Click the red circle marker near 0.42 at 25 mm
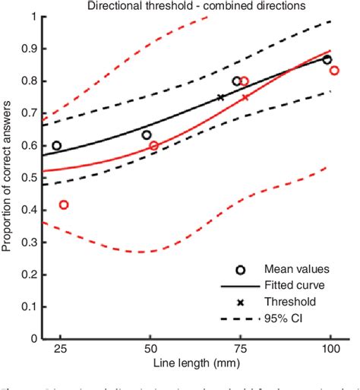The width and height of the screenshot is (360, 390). [x=64, y=205]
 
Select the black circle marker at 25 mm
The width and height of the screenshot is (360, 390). [x=56, y=145]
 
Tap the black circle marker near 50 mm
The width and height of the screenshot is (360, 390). [x=147, y=135]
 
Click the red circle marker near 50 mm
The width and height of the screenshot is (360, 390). [x=153, y=145]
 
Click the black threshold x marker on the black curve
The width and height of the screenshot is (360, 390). [x=221, y=97]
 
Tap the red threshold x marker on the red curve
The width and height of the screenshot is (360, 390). [x=245, y=97]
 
